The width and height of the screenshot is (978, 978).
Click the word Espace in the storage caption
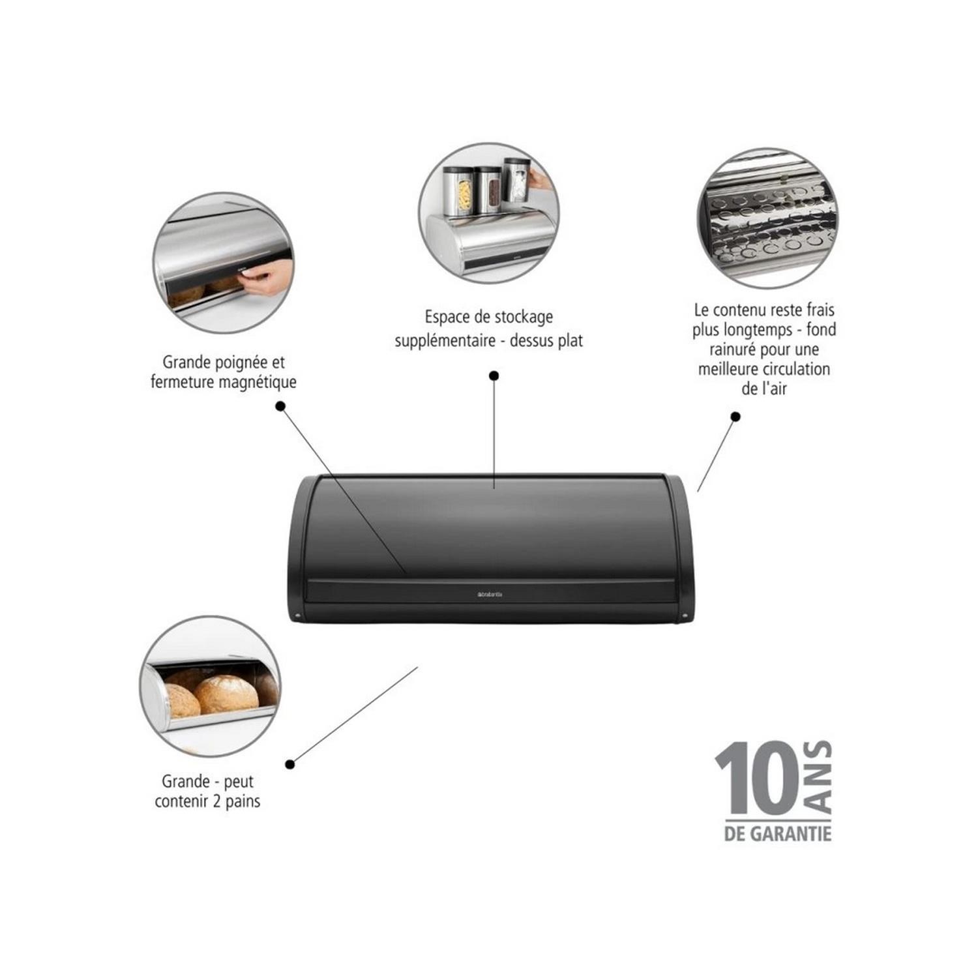click(447, 318)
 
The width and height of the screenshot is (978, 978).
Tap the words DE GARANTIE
click(777, 833)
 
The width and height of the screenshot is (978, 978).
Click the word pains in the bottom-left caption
click(243, 801)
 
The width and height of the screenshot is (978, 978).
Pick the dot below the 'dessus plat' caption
click(494, 376)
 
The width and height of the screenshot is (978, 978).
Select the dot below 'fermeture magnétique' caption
click(280, 406)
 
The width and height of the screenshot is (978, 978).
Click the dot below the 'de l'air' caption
click(735, 417)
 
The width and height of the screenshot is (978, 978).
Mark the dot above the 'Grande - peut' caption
click(290, 764)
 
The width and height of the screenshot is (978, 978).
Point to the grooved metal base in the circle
click(768, 222)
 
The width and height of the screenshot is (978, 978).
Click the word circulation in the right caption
click(796, 369)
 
